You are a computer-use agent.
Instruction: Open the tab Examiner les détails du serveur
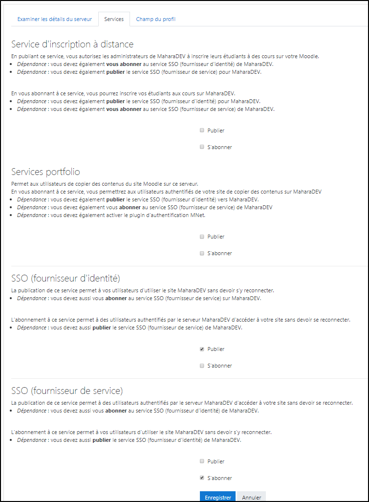(54, 19)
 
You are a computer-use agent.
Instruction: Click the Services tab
(114, 19)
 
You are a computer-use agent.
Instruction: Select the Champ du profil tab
(156, 19)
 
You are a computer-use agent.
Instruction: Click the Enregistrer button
(218, 497)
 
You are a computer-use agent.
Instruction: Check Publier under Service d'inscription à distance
(202, 131)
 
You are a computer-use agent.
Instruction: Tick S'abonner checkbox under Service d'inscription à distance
(202, 147)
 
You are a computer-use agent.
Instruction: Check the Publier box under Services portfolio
(202, 237)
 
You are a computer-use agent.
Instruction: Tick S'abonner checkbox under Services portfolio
(202, 253)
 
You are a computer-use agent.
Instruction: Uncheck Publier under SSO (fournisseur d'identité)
(202, 349)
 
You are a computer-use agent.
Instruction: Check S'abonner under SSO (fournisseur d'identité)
(202, 366)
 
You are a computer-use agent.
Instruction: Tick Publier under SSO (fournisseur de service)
(202, 461)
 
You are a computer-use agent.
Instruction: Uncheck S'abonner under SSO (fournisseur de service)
(202, 478)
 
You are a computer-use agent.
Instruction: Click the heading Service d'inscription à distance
(72, 44)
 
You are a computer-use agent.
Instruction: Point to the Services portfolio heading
(45, 172)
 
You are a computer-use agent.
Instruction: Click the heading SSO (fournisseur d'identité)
(65, 278)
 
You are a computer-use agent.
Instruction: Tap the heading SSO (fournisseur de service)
(66, 391)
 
